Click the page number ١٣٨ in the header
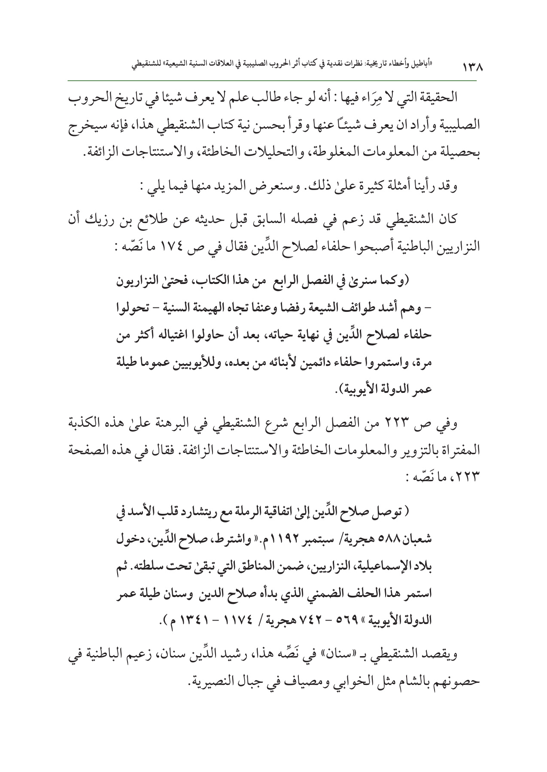(x=471, y=68)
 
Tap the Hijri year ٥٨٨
(x=395, y=539)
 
